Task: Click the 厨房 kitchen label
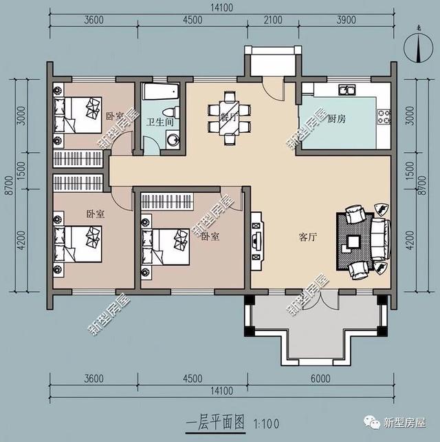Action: (x=336, y=119)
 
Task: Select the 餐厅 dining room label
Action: (x=228, y=117)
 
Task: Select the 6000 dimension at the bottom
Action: (x=320, y=379)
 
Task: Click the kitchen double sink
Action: (x=345, y=89)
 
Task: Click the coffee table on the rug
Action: (x=353, y=242)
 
